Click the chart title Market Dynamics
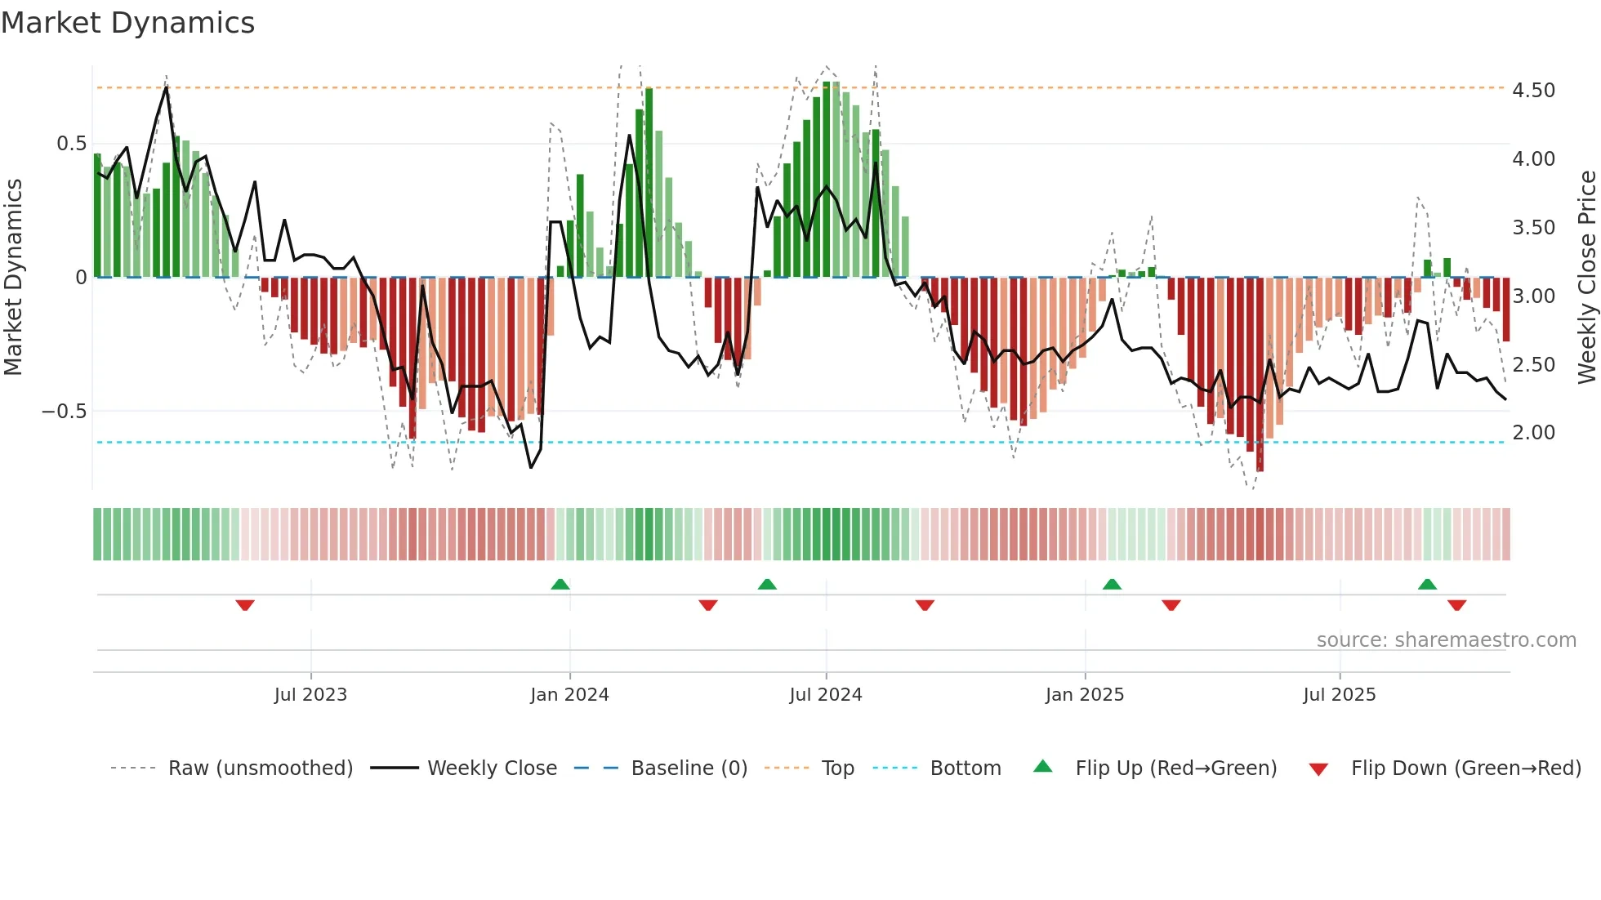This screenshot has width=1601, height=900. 127,23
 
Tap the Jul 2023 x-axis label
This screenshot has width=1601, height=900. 310,695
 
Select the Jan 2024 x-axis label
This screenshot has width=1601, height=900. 569,695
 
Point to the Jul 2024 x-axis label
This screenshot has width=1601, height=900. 826,695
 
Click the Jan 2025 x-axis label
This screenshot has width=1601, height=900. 1085,695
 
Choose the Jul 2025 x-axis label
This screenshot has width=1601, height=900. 1340,695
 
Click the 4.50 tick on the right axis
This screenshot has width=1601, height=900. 1533,90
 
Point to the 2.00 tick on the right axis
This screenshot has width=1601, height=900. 1533,433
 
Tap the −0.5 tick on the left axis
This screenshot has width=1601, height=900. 64,411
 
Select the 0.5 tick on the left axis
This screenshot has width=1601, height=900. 71,144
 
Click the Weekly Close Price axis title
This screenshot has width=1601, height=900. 1586,277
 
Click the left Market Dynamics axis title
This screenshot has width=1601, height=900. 13,277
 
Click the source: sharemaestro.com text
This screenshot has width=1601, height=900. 1446,640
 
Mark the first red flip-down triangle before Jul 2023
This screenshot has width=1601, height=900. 245,605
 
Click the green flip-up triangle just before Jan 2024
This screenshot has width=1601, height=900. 560,584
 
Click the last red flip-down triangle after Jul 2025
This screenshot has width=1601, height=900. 1456,605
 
